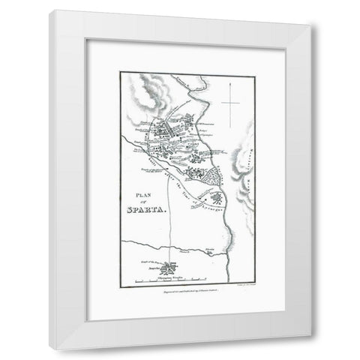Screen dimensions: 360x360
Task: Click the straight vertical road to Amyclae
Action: tap(169, 225)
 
